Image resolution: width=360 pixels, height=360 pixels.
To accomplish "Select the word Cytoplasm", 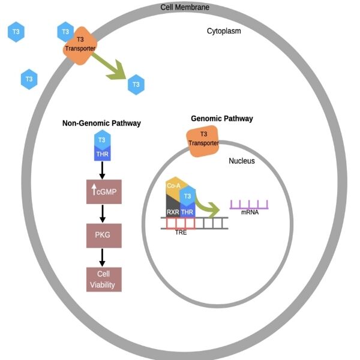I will click(x=224, y=31).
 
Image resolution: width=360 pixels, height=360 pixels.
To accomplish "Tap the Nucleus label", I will click(x=242, y=161).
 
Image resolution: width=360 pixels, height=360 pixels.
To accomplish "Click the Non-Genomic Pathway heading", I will click(x=101, y=124).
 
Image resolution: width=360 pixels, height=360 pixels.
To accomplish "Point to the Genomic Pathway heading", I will click(x=221, y=119).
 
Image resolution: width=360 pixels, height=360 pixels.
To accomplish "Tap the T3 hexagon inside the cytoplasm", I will click(x=136, y=85).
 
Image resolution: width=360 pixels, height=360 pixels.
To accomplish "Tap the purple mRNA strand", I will click(x=248, y=205).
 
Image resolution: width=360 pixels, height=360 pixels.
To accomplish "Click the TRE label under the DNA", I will click(x=181, y=232).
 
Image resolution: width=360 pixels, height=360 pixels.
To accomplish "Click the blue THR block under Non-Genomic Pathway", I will click(x=102, y=154).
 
